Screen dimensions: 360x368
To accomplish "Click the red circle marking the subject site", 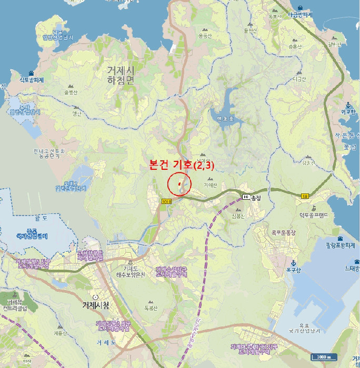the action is (179, 183).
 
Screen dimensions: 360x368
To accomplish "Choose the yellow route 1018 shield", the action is (167, 201).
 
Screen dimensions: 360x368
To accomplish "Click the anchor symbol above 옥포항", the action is (294, 263).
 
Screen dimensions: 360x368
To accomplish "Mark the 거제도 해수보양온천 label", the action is (130, 272).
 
